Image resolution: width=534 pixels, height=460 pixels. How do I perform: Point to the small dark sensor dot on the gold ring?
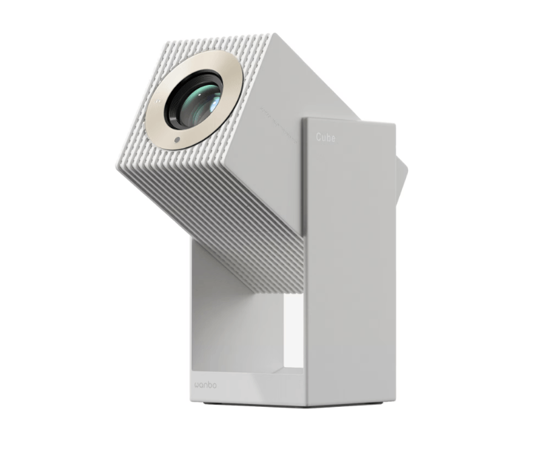click(x=176, y=140)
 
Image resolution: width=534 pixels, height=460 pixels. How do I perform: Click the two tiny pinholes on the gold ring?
click(x=157, y=100)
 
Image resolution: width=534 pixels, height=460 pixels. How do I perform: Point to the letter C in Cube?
click(x=319, y=137)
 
